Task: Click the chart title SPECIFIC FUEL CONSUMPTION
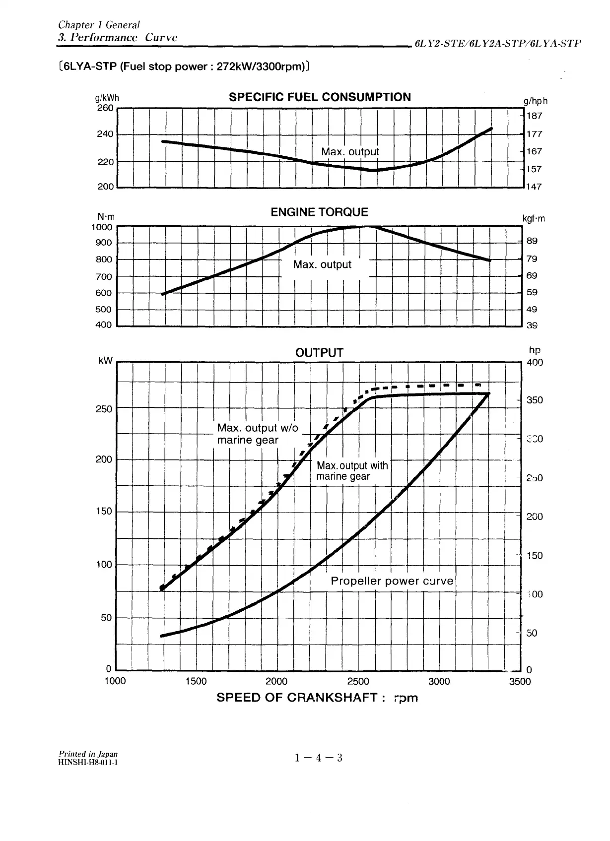tap(320, 97)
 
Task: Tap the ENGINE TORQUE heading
tap(319, 212)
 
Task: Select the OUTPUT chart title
tap(319, 353)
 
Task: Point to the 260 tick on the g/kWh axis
tap(105, 108)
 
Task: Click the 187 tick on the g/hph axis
tap(534, 116)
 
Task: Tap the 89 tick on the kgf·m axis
tap(532, 241)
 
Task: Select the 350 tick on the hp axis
tap(535, 400)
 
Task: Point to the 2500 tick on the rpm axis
tap(358, 682)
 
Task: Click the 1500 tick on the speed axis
tap(196, 682)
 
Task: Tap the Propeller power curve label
tap(392, 581)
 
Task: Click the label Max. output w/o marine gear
tap(258, 434)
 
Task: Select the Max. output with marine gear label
tap(352, 471)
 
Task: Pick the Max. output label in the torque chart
tap(322, 264)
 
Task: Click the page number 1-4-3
tap(318, 758)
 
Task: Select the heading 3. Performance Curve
tap(118, 38)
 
